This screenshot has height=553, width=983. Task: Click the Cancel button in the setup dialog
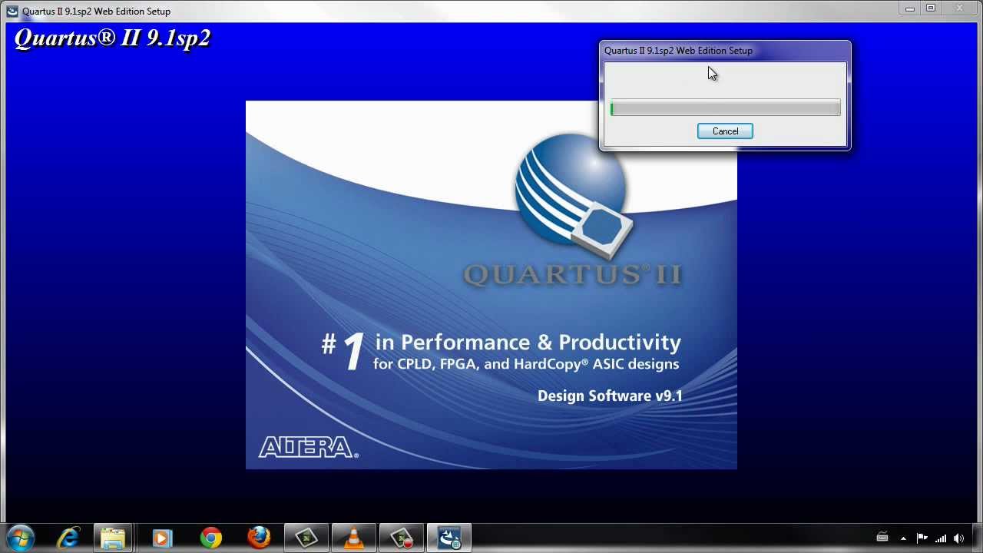tap(725, 131)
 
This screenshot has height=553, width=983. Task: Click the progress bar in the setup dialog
tap(725, 109)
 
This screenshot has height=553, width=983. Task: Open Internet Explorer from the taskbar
tap(69, 538)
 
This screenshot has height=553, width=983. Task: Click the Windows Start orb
tap(21, 538)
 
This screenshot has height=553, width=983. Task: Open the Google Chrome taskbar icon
tap(210, 538)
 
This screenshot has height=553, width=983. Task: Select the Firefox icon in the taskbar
tap(259, 538)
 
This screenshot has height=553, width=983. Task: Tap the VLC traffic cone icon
tap(353, 538)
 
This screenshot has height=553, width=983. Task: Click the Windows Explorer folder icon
tap(114, 538)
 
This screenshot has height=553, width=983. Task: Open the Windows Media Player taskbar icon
tap(162, 538)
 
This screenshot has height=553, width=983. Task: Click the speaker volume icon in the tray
tap(959, 538)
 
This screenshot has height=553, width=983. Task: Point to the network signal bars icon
tap(941, 538)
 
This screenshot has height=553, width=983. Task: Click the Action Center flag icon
tap(922, 538)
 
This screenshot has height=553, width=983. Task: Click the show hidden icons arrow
tap(903, 538)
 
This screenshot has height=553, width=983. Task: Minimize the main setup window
tap(910, 8)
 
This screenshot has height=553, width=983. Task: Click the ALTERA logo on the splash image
tap(308, 447)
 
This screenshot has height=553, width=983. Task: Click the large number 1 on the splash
tap(352, 353)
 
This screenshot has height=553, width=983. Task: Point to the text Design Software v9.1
tap(610, 396)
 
